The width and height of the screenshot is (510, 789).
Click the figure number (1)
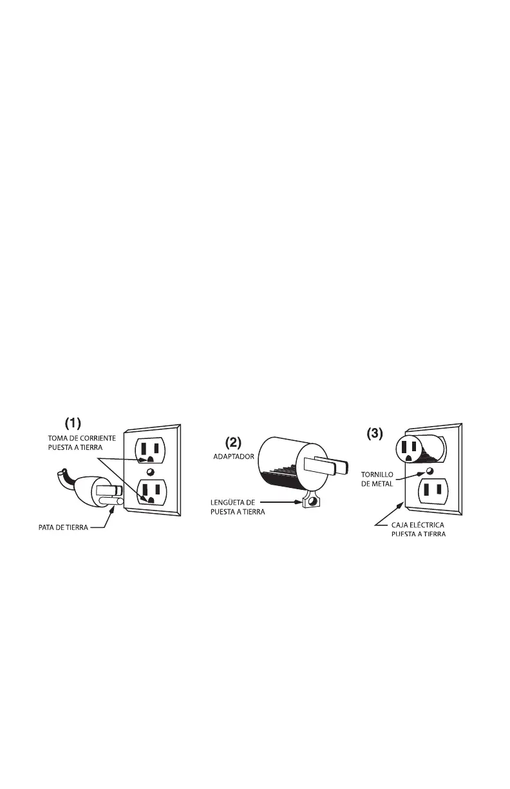click(x=73, y=423)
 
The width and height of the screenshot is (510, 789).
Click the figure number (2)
click(x=234, y=443)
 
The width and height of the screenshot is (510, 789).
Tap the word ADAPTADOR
click(x=234, y=456)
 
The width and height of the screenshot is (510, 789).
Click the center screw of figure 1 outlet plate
click(x=149, y=472)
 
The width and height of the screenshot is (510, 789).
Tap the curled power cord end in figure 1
click(x=62, y=475)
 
